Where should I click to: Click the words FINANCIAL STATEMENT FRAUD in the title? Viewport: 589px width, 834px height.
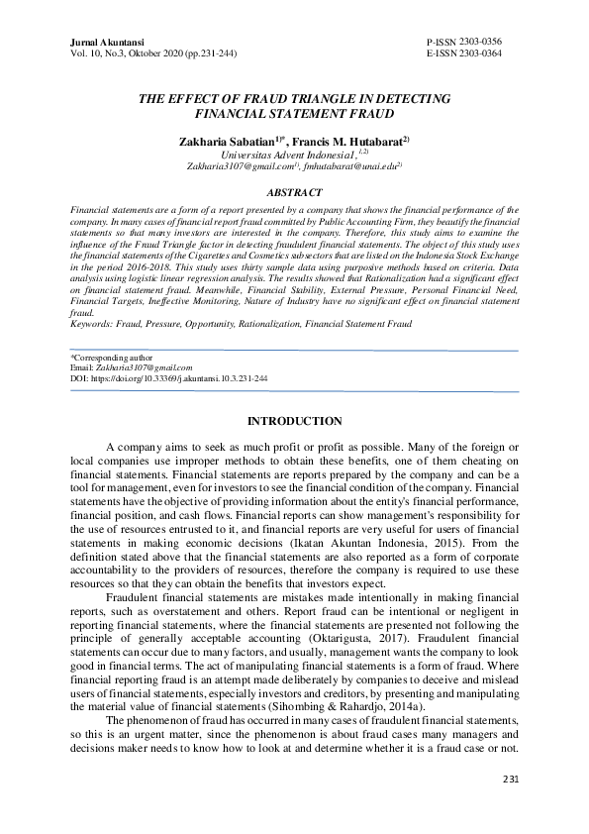tap(294, 115)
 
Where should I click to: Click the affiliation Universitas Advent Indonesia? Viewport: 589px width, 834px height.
tap(287, 155)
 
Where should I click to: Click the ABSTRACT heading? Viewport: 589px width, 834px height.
tap(294, 192)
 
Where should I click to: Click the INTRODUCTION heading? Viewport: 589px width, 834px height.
tap(294, 421)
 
